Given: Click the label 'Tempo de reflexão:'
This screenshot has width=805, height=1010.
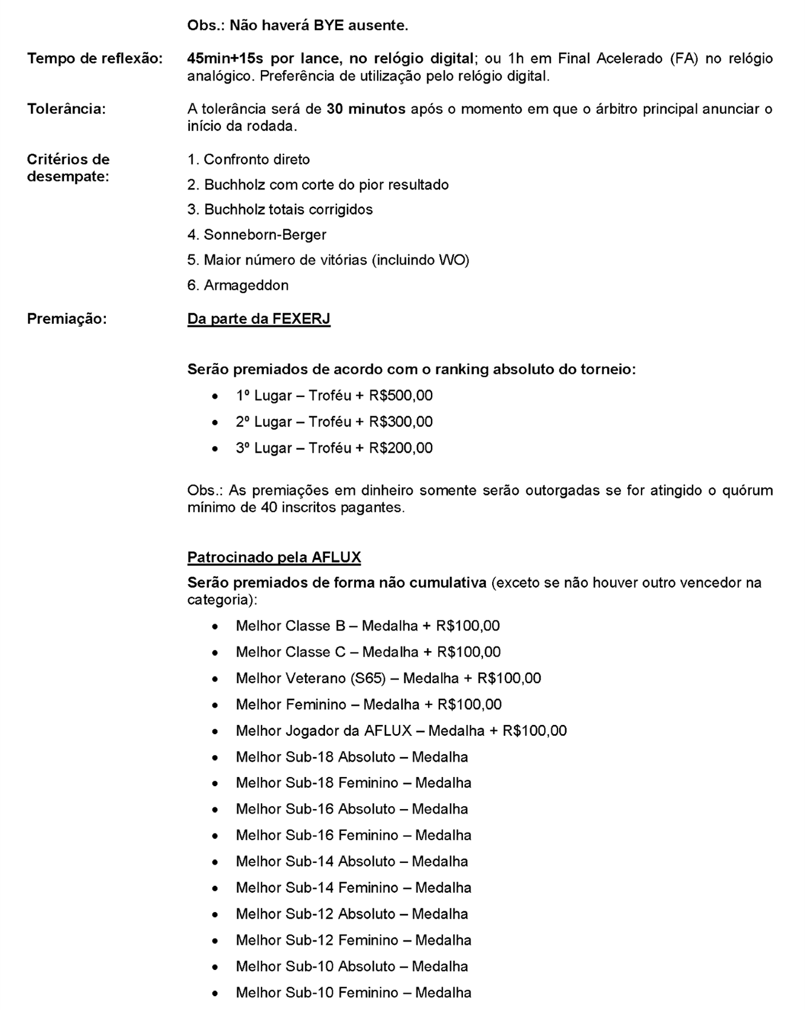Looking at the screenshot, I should tap(94, 59).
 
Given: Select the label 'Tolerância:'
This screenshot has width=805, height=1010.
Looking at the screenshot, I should tap(66, 109).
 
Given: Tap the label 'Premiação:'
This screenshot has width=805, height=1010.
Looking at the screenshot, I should tap(67, 318).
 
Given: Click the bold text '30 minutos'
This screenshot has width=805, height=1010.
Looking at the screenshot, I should tap(366, 109).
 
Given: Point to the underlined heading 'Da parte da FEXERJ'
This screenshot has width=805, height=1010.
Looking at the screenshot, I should tap(258, 318).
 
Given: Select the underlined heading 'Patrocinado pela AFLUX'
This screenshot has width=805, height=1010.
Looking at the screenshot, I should tap(274, 557).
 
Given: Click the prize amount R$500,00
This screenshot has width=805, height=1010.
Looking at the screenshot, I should tap(401, 396).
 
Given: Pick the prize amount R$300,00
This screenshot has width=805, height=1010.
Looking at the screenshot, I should tap(401, 422).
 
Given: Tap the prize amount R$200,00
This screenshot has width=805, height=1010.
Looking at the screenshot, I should tap(401, 448).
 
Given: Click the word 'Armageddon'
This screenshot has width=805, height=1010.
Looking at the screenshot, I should tap(246, 285).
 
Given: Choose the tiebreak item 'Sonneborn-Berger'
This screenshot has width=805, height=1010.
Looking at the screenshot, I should tap(264, 235).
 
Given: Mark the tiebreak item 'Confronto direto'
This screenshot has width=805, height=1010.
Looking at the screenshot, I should tap(256, 160).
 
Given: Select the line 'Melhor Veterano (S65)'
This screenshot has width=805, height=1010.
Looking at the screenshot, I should tap(310, 678).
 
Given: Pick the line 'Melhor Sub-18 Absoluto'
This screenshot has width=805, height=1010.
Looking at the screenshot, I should tap(315, 757).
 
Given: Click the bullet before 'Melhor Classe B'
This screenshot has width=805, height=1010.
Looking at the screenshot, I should tap(215, 626).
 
